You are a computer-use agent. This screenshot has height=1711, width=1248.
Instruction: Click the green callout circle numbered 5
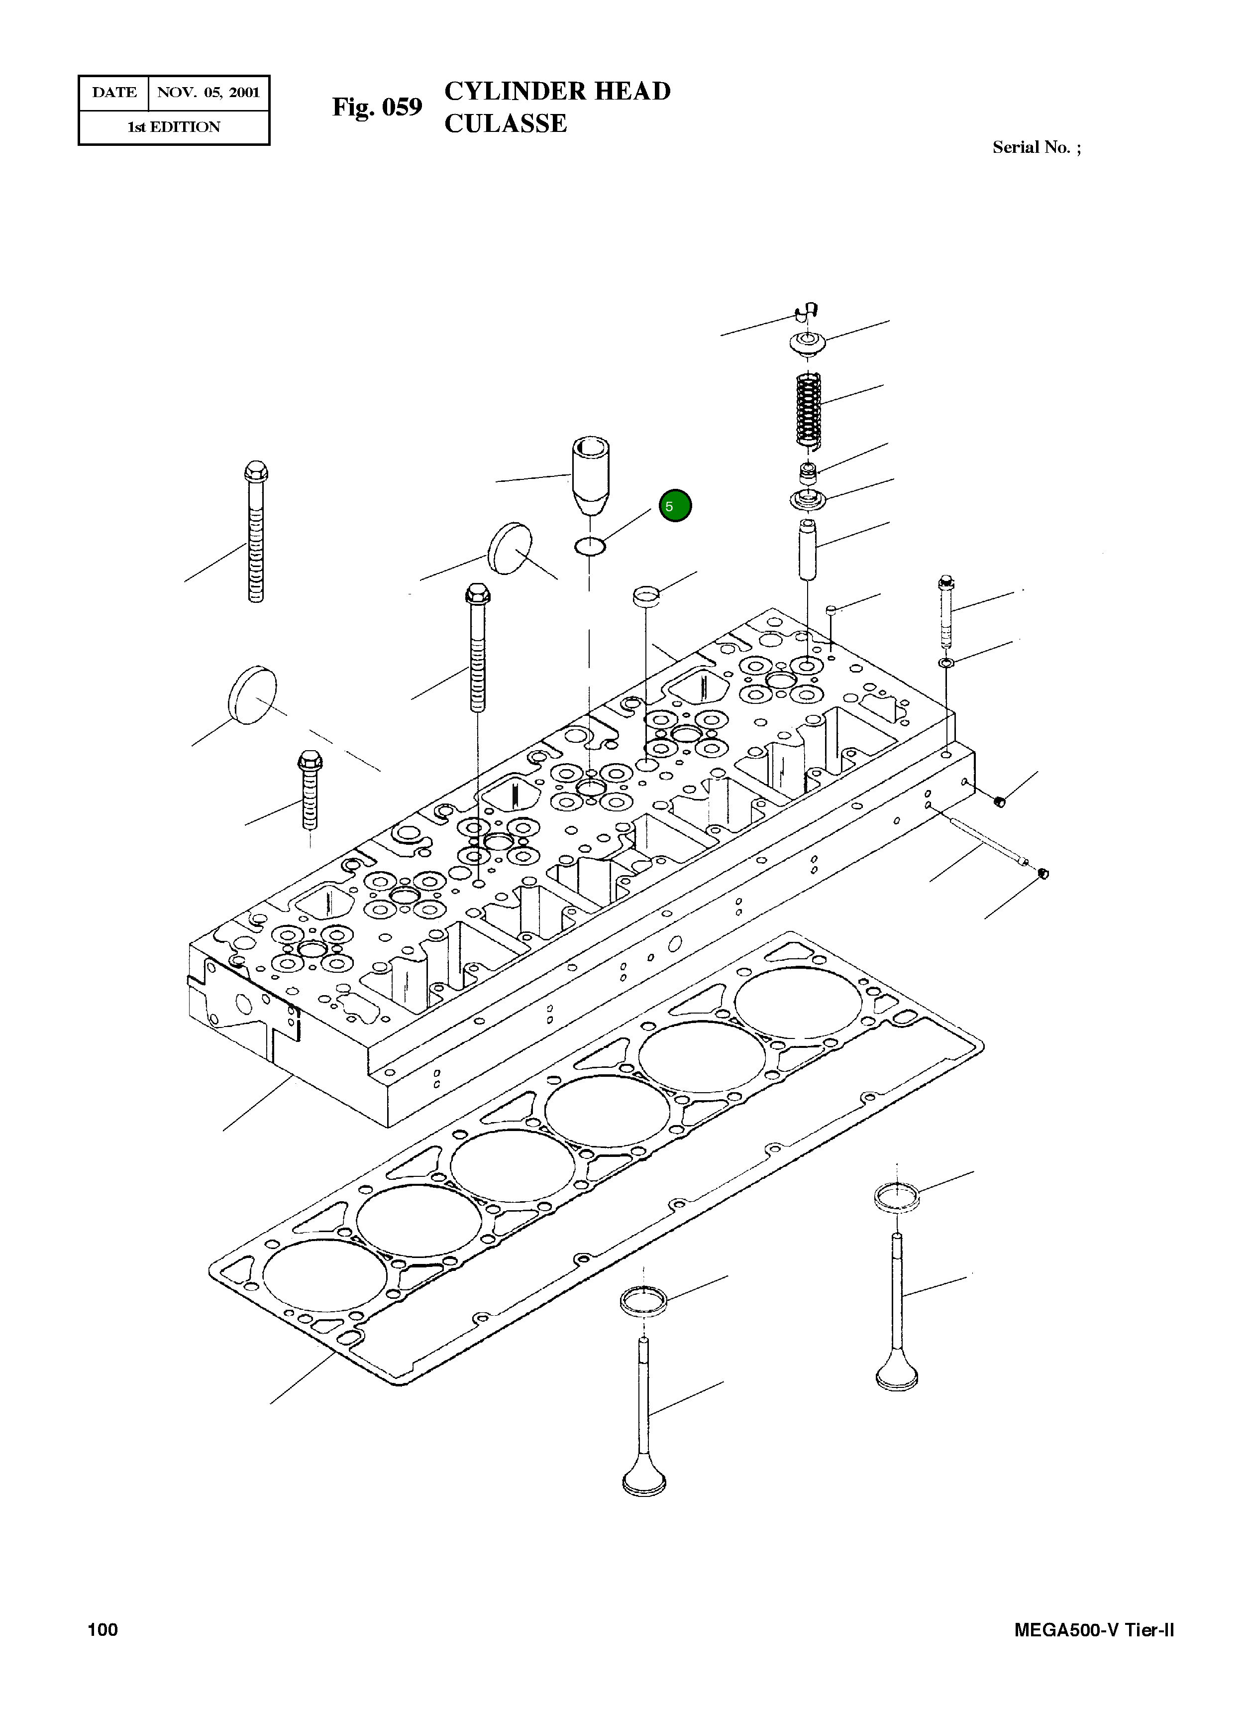point(675,506)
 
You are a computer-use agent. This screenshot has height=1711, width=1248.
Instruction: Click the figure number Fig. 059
point(377,108)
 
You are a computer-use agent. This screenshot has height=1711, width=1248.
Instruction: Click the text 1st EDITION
point(174,127)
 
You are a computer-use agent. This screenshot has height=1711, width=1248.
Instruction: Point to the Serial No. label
point(1036,147)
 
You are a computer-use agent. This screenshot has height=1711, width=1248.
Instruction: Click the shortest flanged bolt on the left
point(310,789)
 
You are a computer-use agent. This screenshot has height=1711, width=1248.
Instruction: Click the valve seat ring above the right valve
point(896,1196)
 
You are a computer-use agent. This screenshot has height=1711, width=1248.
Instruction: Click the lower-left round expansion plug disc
point(252,694)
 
